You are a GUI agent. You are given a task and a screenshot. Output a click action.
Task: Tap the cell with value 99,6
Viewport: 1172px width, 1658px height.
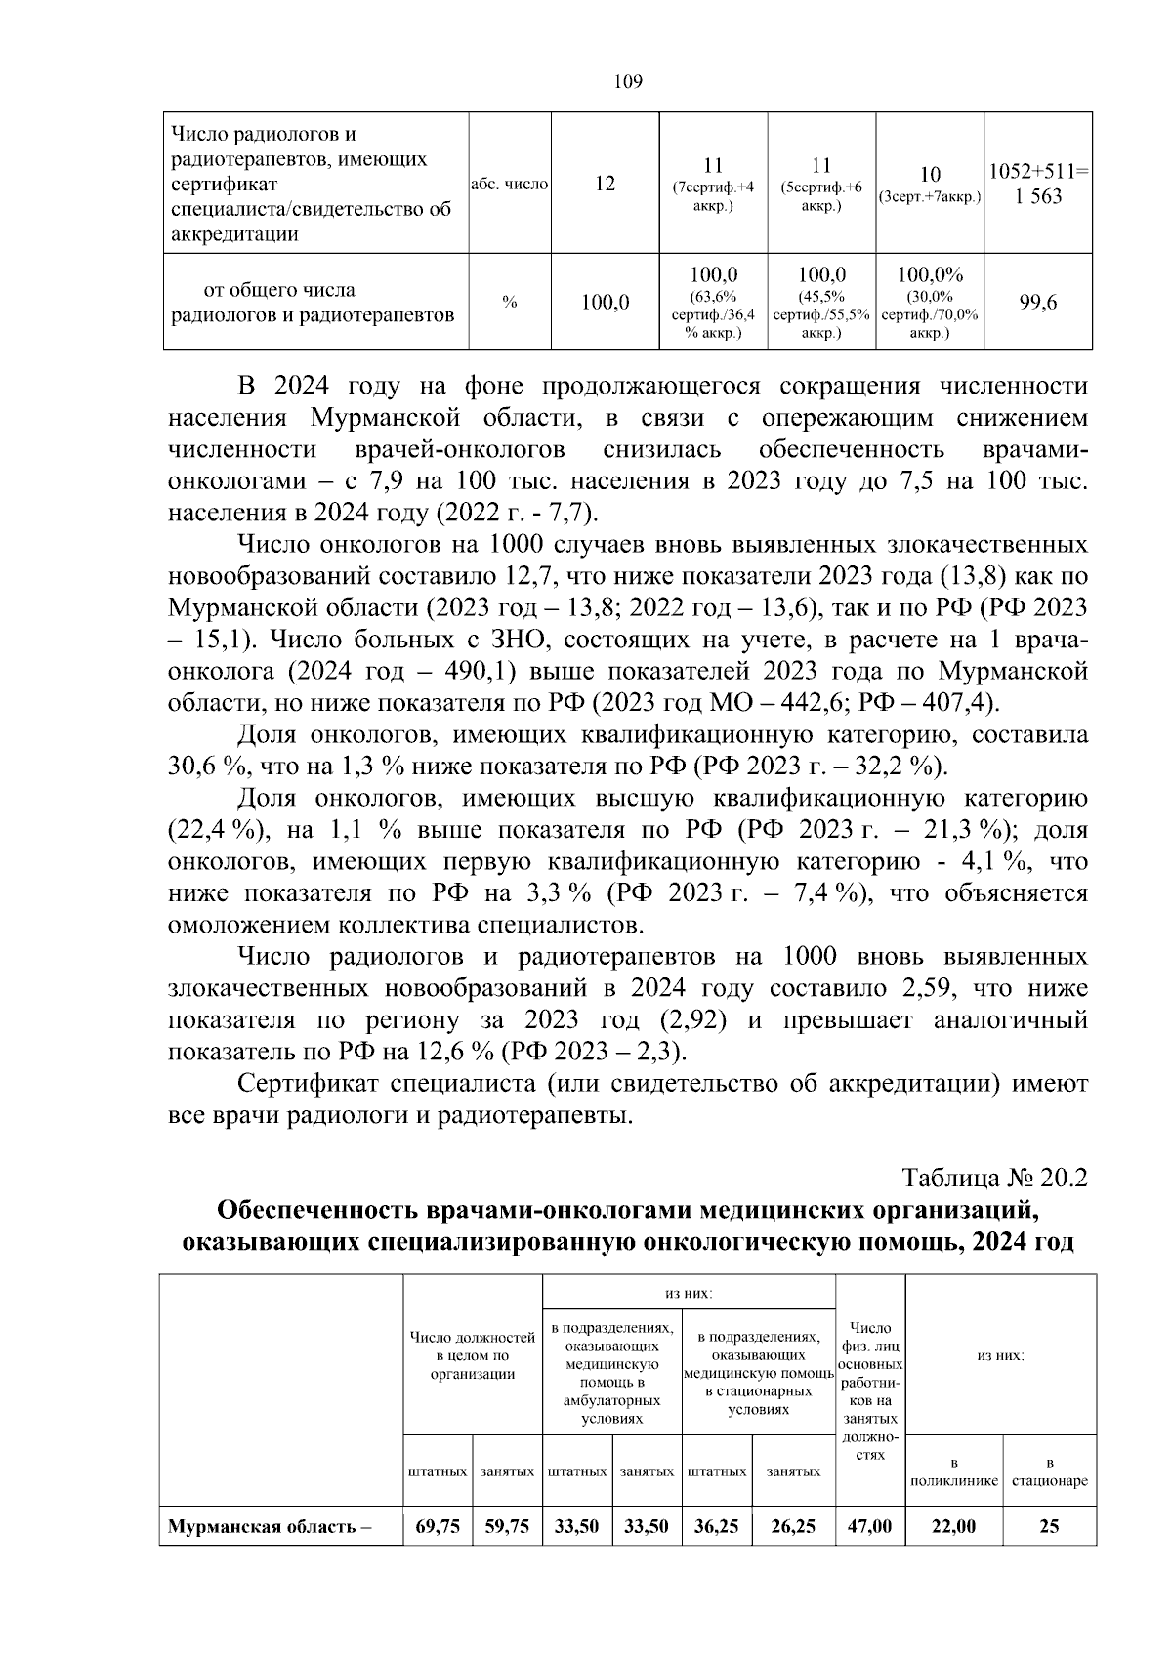1037,303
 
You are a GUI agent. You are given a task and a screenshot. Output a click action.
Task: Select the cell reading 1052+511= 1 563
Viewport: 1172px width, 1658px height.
1037,184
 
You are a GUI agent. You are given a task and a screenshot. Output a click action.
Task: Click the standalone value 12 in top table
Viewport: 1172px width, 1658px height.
605,184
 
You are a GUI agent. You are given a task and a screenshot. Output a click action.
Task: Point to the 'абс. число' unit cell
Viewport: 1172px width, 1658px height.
509,184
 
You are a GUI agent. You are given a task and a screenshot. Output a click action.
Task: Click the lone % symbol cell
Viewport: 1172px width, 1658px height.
509,303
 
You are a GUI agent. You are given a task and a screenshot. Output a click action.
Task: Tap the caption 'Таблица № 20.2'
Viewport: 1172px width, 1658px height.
994,1177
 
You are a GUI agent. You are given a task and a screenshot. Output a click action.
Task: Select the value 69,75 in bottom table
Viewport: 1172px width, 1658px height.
438,1525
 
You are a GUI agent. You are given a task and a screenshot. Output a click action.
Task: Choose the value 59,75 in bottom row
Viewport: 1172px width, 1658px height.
507,1525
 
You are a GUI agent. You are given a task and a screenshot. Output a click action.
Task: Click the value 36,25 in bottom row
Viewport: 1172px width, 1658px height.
716,1525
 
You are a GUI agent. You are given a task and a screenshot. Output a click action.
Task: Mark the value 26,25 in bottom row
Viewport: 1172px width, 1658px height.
793,1525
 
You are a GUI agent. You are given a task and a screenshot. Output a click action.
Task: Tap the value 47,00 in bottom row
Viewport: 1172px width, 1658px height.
869,1525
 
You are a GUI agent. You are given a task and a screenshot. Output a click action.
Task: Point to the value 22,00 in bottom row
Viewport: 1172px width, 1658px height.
953,1525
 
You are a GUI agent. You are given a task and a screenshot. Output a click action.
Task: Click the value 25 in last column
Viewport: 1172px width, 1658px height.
1049,1525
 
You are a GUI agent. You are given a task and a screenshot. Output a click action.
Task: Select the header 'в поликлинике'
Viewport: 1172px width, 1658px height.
953,1471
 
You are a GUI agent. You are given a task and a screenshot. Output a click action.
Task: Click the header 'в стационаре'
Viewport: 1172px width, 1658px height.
1049,1471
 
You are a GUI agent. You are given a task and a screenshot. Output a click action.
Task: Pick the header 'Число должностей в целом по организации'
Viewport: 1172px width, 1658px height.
473,1354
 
